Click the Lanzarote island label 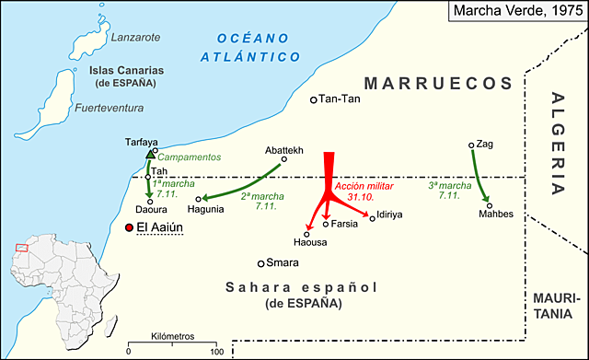tap(135, 37)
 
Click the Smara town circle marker tap(261, 262)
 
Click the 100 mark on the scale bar tap(215, 352)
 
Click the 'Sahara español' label tap(301, 288)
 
